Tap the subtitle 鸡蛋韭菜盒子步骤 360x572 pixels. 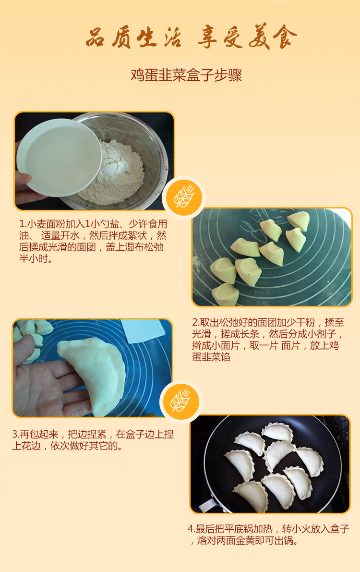coord(186,75)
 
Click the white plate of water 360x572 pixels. coord(59,158)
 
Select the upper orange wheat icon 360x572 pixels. coord(184,197)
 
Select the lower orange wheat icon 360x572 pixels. coord(181,402)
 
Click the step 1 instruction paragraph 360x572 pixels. coord(93,241)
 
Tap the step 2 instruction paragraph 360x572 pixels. coord(268,339)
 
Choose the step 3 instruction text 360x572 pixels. coord(93,440)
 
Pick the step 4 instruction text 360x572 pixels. coord(269,535)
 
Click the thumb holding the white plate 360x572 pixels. coord(23,179)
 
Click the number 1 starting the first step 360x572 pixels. coord(22,224)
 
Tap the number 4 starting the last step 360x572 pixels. coord(191,529)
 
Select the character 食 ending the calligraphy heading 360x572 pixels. coord(285,37)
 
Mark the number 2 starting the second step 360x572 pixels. coord(195,322)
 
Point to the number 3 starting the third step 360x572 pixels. coord(15,435)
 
